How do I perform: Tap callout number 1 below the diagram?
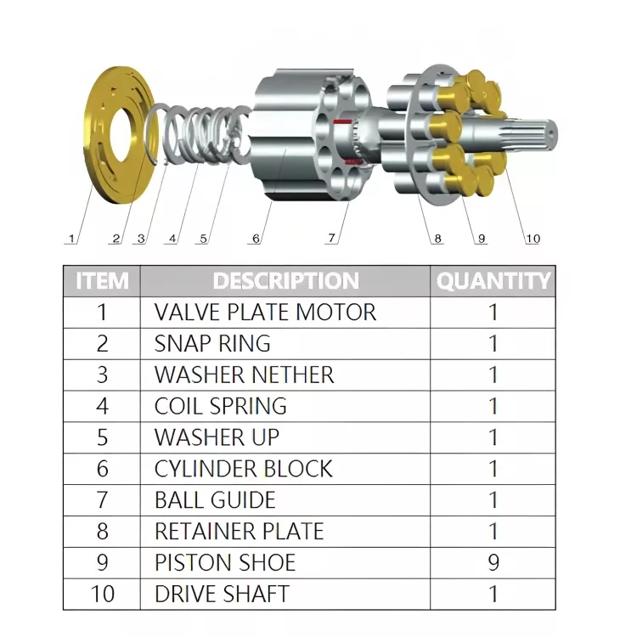(x=71, y=239)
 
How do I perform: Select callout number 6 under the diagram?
(x=256, y=239)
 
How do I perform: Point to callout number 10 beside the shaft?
(x=532, y=239)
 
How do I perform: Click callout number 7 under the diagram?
(x=332, y=239)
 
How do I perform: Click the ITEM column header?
(x=102, y=280)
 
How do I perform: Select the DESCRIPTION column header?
(x=285, y=280)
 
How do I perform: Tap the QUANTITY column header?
(x=493, y=280)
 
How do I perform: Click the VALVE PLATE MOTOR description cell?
(x=265, y=312)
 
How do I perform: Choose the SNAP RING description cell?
(x=212, y=343)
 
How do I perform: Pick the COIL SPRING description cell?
(x=221, y=406)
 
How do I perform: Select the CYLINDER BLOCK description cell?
(x=243, y=469)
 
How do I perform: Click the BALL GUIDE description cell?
(x=215, y=500)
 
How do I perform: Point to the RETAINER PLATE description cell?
(x=239, y=532)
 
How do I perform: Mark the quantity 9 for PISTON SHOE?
(x=493, y=562)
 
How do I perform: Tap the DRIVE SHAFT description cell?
(x=222, y=594)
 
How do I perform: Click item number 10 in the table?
(x=102, y=594)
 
